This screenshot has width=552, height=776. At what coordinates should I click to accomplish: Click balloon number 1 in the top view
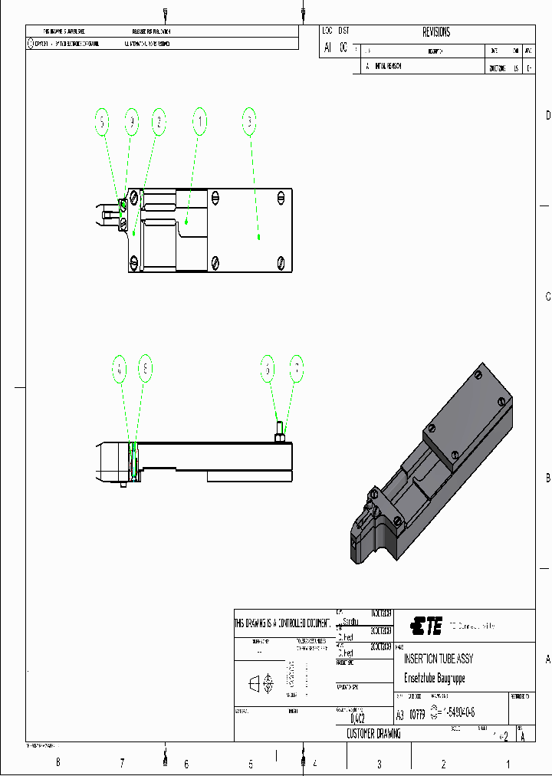point(200,121)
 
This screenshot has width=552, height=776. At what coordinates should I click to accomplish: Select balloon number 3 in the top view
point(249,121)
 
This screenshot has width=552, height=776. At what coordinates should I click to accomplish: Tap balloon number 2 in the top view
point(158,121)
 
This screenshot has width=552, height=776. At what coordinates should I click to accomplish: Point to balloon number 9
point(132,121)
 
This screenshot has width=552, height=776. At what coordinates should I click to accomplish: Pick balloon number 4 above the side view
point(119,369)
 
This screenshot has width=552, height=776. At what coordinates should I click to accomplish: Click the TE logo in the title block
point(426,626)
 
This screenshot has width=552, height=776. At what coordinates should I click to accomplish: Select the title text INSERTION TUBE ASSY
point(439,659)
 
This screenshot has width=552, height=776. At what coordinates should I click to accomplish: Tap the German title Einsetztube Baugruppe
point(434,678)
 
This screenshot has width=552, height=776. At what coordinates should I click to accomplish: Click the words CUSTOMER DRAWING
point(373,734)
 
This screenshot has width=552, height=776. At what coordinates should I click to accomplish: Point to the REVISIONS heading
point(436,32)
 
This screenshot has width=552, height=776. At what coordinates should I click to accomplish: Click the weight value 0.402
point(357,719)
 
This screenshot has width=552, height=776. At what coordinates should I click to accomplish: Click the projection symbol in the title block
point(261,682)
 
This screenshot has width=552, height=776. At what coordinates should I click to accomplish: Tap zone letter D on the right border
point(547,116)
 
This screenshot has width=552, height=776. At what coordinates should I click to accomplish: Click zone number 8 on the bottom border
point(58,763)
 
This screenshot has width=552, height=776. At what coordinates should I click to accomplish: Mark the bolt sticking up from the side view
point(279,434)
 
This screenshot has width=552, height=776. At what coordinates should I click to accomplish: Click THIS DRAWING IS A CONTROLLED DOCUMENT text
point(284,623)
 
